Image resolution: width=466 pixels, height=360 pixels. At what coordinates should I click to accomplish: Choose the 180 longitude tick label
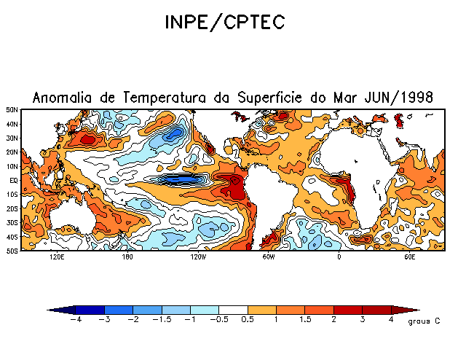[x=127, y=257]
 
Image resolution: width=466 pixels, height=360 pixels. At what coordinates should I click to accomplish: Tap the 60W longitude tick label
[x=268, y=257]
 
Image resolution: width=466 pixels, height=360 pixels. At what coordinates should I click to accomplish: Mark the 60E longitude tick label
[x=409, y=257]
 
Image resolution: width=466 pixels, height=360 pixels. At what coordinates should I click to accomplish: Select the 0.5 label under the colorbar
[x=248, y=320]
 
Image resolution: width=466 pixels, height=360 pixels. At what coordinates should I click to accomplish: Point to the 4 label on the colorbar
[x=391, y=320]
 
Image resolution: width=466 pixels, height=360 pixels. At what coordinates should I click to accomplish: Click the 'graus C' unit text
[x=422, y=321]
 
